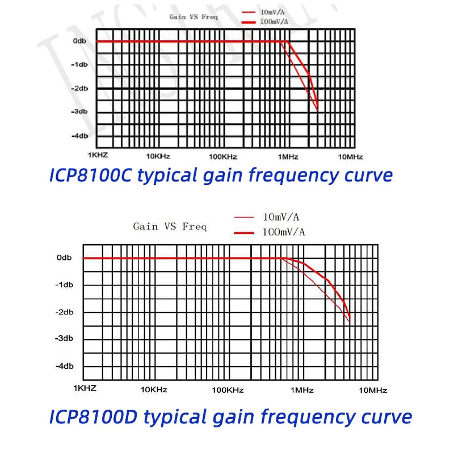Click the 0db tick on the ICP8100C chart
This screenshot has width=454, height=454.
click(x=79, y=41)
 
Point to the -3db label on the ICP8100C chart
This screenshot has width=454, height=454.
click(x=79, y=112)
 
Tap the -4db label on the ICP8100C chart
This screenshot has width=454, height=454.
click(x=79, y=136)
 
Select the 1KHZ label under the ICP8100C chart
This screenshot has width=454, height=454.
click(x=98, y=155)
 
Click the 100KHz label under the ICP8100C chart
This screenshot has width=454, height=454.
click(x=222, y=157)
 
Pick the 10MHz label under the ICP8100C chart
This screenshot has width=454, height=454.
click(x=350, y=157)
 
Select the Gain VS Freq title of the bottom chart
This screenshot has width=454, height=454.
click(x=170, y=226)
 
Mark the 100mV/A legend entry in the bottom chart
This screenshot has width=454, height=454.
click(x=284, y=232)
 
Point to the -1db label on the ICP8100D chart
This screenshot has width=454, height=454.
click(x=64, y=285)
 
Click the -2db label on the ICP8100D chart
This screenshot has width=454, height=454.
click(x=64, y=312)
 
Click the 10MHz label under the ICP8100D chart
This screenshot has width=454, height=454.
click(x=373, y=390)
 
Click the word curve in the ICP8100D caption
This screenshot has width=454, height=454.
click(x=383, y=417)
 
